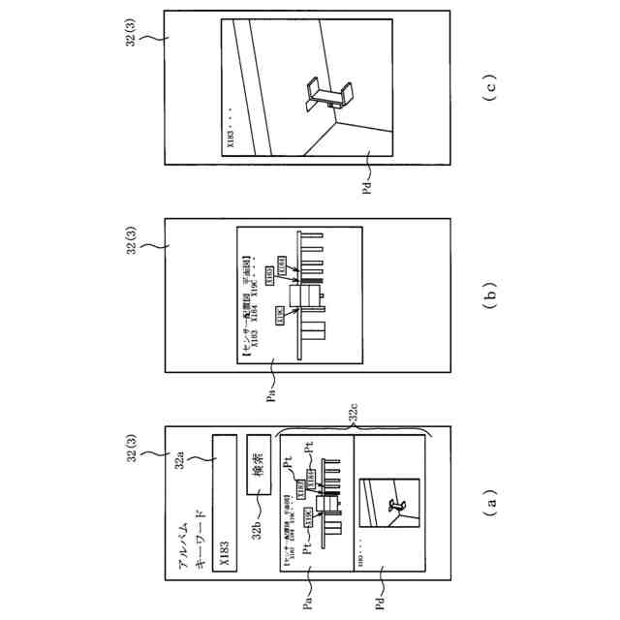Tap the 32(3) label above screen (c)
coord(133,33)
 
